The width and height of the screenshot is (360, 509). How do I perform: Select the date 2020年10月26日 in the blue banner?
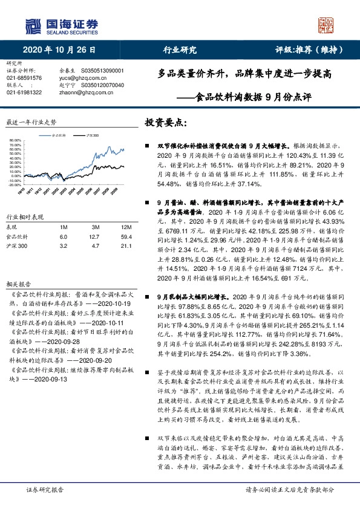coord(60,50)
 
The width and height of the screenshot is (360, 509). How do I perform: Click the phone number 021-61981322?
coord(24,92)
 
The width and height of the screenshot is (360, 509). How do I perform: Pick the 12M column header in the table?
coord(110,227)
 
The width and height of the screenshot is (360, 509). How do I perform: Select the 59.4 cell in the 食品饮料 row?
coord(110,236)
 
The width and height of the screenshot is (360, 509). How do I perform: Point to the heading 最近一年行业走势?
coord(31,122)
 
